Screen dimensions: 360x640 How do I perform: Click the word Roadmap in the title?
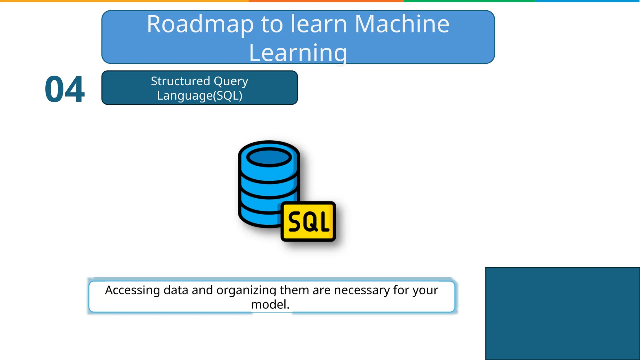pyautogui.click(x=200, y=24)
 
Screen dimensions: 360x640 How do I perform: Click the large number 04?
pyautogui.click(x=64, y=89)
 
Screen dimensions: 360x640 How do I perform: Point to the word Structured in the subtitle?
pyautogui.click(x=180, y=81)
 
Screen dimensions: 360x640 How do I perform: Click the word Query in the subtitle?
pyautogui.click(x=231, y=81)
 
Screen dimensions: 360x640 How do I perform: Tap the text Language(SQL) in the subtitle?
pyautogui.click(x=200, y=96)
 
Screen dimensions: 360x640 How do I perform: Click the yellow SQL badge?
pyautogui.click(x=308, y=221)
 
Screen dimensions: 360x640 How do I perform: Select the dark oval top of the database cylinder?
pyautogui.click(x=269, y=157)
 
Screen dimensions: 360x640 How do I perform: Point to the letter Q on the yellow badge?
pyautogui.click(x=308, y=222)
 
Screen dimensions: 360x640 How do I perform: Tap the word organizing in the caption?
pyautogui.click(x=246, y=290)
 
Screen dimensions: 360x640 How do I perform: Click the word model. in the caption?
pyautogui.click(x=270, y=305)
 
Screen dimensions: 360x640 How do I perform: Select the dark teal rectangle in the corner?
pyautogui.click(x=562, y=313)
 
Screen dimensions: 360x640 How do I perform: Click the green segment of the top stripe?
pyautogui.click(x=469, y=1)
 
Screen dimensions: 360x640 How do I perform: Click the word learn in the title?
pyautogui.click(x=319, y=24)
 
